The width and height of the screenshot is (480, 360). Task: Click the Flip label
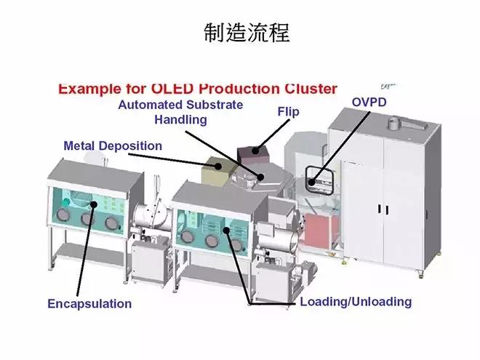pyautogui.click(x=287, y=112)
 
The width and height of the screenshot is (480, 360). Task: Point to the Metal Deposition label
pyautogui.click(x=113, y=145)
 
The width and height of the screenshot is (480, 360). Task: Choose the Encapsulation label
pyautogui.click(x=89, y=303)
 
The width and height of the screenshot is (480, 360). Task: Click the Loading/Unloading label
pyautogui.click(x=356, y=301)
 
